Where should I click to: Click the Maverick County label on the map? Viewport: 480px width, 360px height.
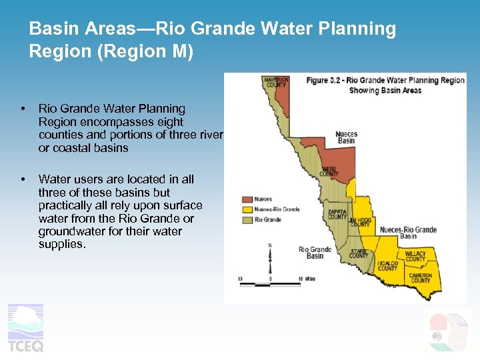pyautogui.click(x=275, y=82)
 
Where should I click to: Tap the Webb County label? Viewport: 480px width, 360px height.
pyautogui.click(x=329, y=171)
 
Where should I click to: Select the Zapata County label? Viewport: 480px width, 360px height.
pyautogui.click(x=337, y=214)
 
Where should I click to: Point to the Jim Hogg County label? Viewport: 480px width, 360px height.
pyautogui.click(x=360, y=222)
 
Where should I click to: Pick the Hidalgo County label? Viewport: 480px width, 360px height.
pyautogui.click(x=387, y=265)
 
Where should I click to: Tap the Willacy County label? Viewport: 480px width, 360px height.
pyautogui.click(x=415, y=256)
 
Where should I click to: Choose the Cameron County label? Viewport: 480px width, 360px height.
pyautogui.click(x=421, y=278)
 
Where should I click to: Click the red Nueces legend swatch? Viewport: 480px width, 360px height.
pyautogui.click(x=247, y=199)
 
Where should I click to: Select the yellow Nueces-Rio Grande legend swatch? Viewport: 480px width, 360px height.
pyautogui.click(x=247, y=209)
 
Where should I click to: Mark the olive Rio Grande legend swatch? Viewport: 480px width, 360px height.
pyautogui.click(x=247, y=219)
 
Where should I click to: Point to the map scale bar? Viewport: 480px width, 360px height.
pyautogui.click(x=270, y=284)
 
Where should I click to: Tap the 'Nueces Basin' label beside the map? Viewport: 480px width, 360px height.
pyautogui.click(x=346, y=137)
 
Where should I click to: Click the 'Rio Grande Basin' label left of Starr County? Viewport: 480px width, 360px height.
pyautogui.click(x=315, y=253)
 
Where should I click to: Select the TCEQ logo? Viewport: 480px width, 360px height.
pyautogui.click(x=25, y=327)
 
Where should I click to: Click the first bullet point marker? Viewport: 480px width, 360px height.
pyautogui.click(x=23, y=109)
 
